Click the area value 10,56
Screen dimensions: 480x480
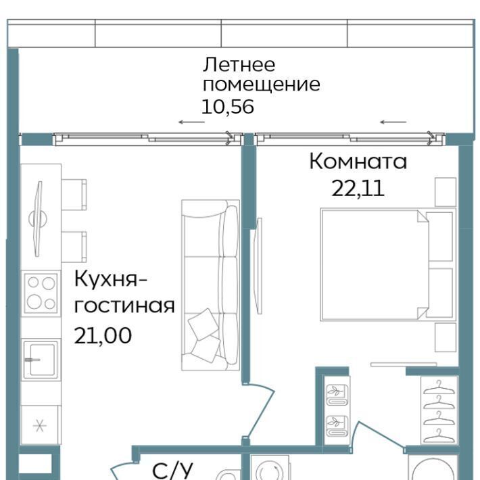point(228,107)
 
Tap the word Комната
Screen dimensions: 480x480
point(358,162)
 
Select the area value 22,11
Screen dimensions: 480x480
point(358,188)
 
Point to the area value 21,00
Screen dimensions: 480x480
point(103,335)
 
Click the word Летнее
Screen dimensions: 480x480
point(239,65)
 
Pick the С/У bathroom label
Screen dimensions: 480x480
point(173,471)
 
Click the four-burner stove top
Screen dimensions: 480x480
point(41,293)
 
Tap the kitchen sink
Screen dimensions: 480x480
point(41,359)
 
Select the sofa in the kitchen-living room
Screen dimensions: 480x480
point(210,285)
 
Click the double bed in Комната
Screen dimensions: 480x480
point(388,264)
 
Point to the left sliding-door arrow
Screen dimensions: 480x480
point(191,122)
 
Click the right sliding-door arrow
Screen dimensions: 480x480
point(393,122)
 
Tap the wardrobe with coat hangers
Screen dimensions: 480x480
point(439,410)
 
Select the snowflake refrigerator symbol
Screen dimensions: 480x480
point(40,426)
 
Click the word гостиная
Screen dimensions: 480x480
point(124,306)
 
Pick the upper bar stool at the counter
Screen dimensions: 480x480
point(74,195)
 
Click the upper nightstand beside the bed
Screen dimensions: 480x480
point(446,192)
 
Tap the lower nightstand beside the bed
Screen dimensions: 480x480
point(446,337)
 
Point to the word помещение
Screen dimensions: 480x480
point(262,85)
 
